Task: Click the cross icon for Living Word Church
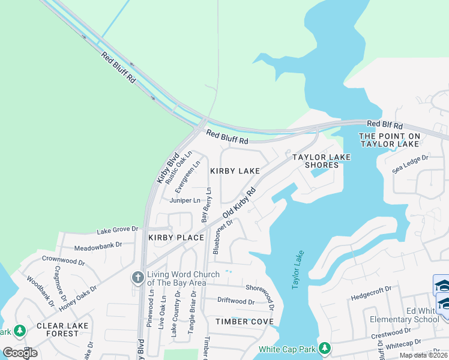tap(137, 277)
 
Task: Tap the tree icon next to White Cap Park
tap(325, 348)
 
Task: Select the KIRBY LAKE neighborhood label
tap(235, 171)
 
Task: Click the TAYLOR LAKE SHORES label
tap(321, 161)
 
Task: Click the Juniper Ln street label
tap(184, 200)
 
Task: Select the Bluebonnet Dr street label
tap(222, 236)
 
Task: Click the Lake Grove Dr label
tap(118, 229)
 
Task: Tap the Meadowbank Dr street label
tap(98, 245)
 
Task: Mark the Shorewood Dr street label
tap(260, 289)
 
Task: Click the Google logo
tap(20, 352)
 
